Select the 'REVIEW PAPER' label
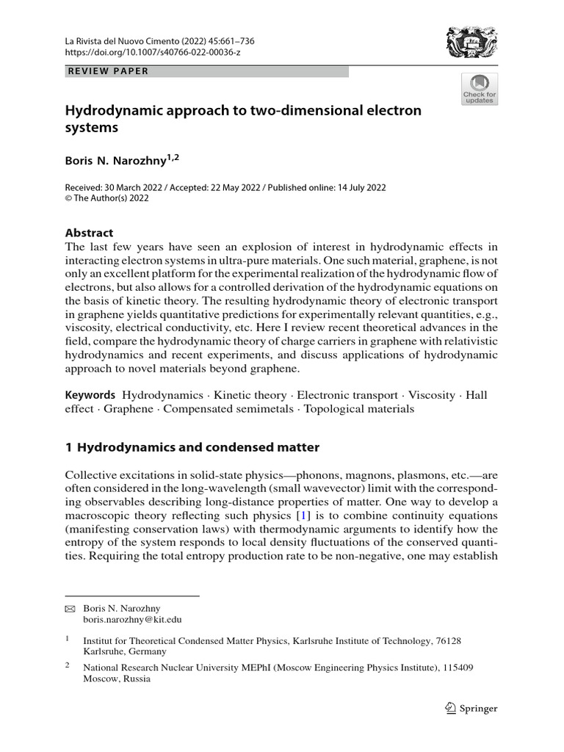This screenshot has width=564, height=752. click(108, 71)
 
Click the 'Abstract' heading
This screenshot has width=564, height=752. click(90, 233)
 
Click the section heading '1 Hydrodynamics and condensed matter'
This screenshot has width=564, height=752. click(192, 446)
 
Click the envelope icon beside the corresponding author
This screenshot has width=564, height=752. click(70, 609)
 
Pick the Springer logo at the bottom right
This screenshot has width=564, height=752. click(472, 709)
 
